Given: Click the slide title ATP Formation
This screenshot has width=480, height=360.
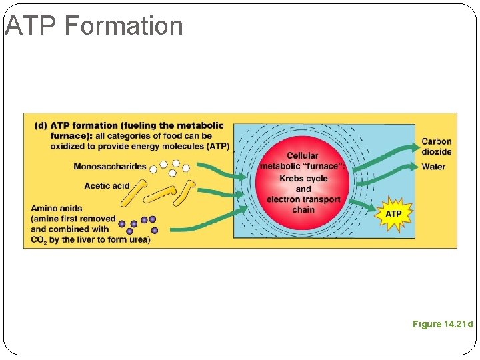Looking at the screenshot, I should (x=93, y=26).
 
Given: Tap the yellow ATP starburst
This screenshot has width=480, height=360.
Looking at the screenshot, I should (x=393, y=214).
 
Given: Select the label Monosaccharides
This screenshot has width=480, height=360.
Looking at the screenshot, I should (x=110, y=167).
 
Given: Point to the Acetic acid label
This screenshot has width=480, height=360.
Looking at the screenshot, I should (x=107, y=186).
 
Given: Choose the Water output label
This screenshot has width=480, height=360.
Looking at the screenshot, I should (x=433, y=167).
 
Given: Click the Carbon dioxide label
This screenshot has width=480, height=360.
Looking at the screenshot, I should (x=436, y=146).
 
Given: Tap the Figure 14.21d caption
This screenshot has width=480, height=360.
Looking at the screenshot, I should (x=442, y=325).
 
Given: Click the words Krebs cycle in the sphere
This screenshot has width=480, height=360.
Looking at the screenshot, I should (x=303, y=179).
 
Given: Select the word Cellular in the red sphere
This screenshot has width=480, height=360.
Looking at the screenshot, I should (x=303, y=155).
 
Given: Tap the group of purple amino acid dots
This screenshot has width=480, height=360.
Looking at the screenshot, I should (x=138, y=223).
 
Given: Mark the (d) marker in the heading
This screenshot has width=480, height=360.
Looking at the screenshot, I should (x=41, y=125).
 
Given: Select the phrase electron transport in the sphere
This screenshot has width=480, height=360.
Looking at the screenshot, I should (x=303, y=199).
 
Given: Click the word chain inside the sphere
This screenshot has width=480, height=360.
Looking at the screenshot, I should (x=303, y=210).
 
